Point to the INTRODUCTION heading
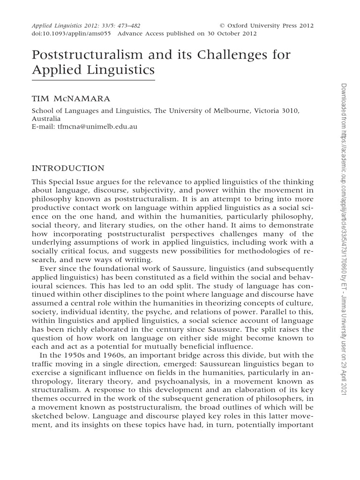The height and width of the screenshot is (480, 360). point(67,168)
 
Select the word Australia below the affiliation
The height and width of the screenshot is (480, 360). point(46,118)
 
